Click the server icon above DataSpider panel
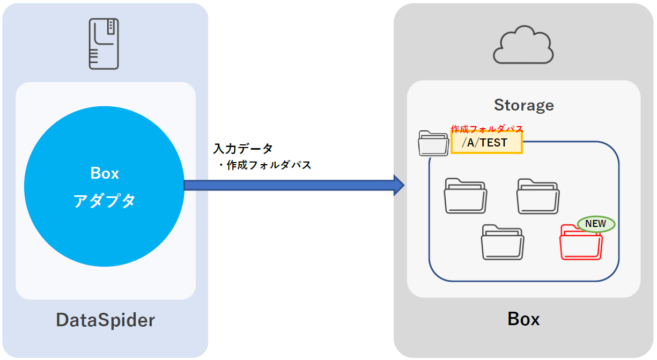(104, 43)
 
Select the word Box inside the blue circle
(105, 173)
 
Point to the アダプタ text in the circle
(105, 201)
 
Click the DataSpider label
(105, 320)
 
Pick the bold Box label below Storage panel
(523, 319)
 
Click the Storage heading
(523, 105)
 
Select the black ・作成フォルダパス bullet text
(264, 165)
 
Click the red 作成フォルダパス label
(486, 129)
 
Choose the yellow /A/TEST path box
(486, 143)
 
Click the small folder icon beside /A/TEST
(433, 143)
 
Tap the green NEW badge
(595, 224)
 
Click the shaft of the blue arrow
(290, 185)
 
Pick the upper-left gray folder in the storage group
(466, 197)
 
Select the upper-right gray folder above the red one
(538, 197)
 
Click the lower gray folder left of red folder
(502, 242)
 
